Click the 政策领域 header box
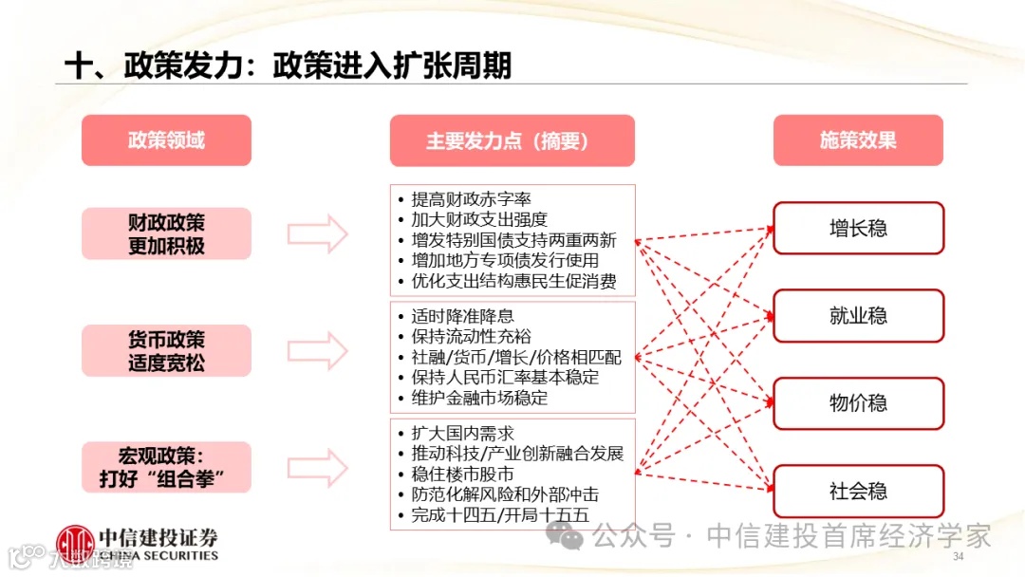pos(166,140)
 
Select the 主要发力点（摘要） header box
pos(512,140)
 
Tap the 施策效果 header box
pos(858,140)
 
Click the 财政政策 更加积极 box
pos(166,234)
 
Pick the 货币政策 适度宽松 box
pos(166,351)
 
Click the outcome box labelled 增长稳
pos(858,228)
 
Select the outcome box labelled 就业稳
pos(858,316)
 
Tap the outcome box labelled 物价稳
pos(858,403)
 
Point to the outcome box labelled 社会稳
pos(858,491)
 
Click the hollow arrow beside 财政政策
pos(318,234)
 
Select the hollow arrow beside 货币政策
pos(318,351)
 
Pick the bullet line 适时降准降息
pos(462,316)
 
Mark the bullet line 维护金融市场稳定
pos(479,399)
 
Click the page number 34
pos(958,555)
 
